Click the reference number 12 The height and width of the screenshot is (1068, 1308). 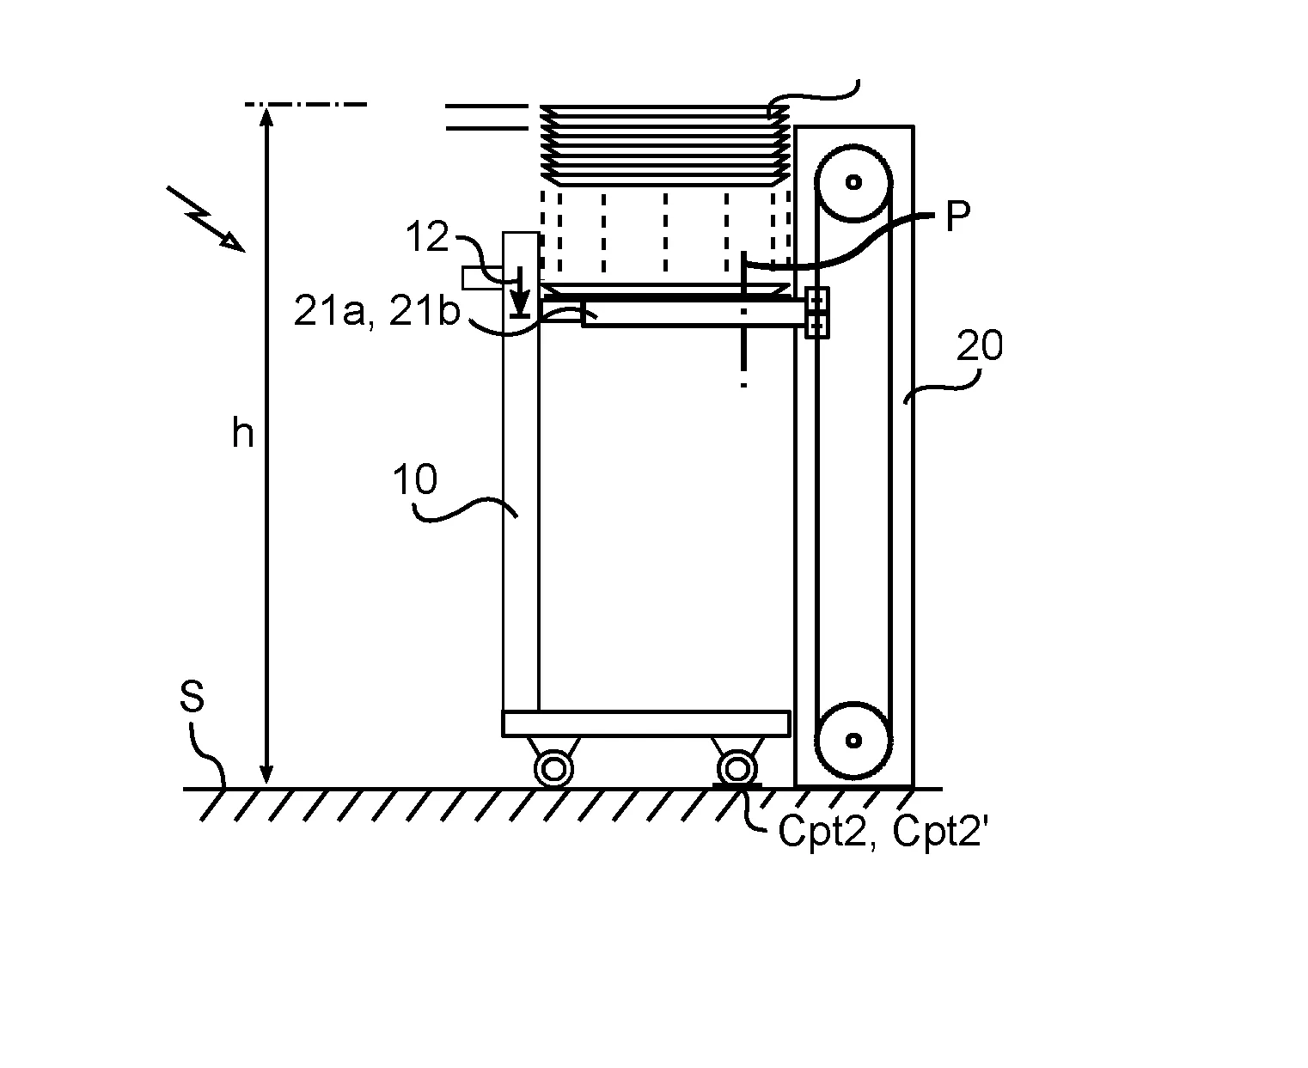pos(427,236)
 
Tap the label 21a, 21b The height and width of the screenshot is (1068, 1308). pos(377,310)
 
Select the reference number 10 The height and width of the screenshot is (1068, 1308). pos(415,479)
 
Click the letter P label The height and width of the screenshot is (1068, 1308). pos(957,216)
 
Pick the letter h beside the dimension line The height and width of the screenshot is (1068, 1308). pos(242,432)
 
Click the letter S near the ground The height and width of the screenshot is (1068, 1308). pos(192,696)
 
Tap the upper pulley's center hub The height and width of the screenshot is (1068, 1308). pos(854,182)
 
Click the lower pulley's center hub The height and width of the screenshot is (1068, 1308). pos(854,740)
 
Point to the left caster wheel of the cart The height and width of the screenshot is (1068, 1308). pos(553,769)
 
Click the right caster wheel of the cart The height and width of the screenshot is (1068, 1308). pos(737,769)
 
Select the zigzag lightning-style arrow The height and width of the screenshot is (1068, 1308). pos(205,218)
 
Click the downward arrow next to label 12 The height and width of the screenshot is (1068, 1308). pos(520,291)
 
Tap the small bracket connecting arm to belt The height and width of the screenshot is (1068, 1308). pos(816,313)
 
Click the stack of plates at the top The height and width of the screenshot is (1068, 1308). pos(665,146)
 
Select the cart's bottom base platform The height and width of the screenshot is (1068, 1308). pos(645,723)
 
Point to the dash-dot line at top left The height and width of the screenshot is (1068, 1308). pos(306,104)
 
